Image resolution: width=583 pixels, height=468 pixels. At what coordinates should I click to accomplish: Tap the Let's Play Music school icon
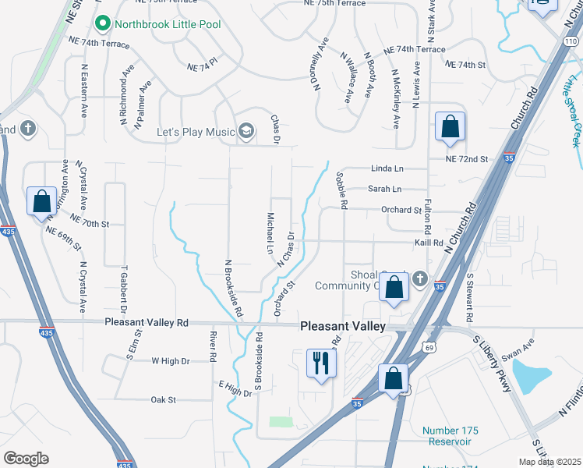pos(246,130)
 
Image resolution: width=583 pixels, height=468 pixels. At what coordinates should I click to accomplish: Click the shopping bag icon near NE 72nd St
pos(450,126)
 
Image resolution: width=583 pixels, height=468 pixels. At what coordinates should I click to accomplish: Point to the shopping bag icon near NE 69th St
pos(40,202)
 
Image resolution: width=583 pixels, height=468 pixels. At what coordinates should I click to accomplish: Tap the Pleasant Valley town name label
pos(343,327)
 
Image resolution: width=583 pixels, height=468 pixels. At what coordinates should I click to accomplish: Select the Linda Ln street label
pos(387,168)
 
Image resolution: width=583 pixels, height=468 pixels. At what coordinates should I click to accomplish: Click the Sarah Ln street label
pos(384,189)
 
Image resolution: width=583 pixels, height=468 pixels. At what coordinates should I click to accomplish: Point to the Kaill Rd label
pos(428,243)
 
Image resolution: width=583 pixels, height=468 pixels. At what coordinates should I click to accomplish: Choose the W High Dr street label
pos(171,361)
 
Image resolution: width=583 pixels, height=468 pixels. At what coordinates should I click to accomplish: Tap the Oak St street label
pos(163,400)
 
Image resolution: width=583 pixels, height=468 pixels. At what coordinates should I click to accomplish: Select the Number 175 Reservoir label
pos(450,436)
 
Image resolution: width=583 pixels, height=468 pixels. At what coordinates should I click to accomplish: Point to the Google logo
pos(26,459)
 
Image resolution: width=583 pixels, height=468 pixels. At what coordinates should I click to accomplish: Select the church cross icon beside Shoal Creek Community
pos(420,278)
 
